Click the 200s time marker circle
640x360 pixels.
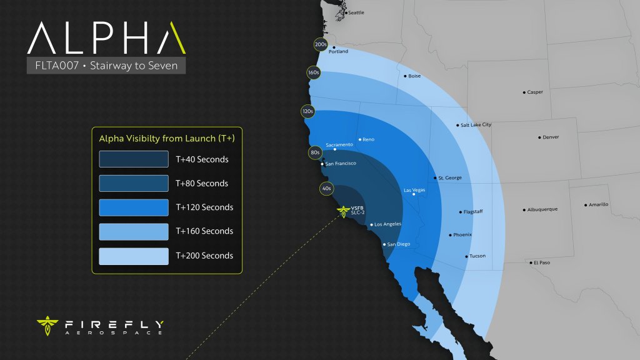click(321, 45)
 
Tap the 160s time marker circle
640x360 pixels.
click(314, 72)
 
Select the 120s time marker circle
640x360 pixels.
click(307, 111)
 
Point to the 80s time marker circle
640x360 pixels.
click(315, 152)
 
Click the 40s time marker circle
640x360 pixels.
click(326, 187)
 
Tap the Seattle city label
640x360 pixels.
click(356, 12)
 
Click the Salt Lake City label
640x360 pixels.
click(476, 125)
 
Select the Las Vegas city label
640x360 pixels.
click(414, 190)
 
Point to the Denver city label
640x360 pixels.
click(551, 137)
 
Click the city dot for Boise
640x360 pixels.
click(404, 76)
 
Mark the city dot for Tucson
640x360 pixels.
click(466, 256)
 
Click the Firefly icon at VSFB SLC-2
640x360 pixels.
click(343, 211)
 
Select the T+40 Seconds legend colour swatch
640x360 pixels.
click(134, 159)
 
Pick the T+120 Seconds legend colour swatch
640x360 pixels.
click(134, 207)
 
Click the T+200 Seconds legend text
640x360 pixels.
click(204, 256)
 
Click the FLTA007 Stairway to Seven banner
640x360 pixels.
click(106, 66)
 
